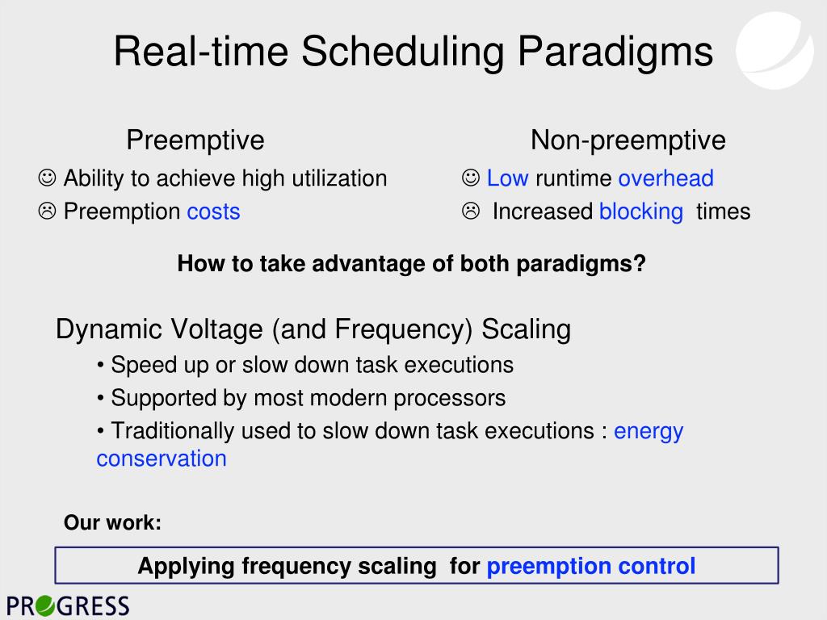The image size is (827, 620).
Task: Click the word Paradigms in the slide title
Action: click(x=615, y=52)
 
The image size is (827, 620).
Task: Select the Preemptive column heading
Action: click(x=195, y=140)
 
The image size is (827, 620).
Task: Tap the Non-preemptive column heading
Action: click(x=628, y=140)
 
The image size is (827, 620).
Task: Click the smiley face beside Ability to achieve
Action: click(x=47, y=178)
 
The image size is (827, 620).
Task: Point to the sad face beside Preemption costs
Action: click(x=47, y=211)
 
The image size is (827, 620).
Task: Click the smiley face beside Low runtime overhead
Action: click(x=471, y=178)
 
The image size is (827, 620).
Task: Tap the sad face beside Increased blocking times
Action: click(x=471, y=211)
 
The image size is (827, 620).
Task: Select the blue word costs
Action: click(x=213, y=212)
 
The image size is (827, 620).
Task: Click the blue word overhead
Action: click(x=666, y=178)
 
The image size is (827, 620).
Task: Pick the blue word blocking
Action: click(x=641, y=212)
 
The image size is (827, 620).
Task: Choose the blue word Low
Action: click(x=507, y=178)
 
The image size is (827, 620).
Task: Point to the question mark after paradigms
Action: click(x=640, y=263)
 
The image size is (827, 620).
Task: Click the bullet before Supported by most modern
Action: click(x=101, y=399)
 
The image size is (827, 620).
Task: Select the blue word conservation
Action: click(x=162, y=459)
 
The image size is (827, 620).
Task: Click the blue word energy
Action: click(x=649, y=432)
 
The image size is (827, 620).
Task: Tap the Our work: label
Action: click(x=112, y=522)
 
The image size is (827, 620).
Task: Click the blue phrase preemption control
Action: click(x=590, y=566)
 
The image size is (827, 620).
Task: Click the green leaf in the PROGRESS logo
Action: click(x=45, y=605)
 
